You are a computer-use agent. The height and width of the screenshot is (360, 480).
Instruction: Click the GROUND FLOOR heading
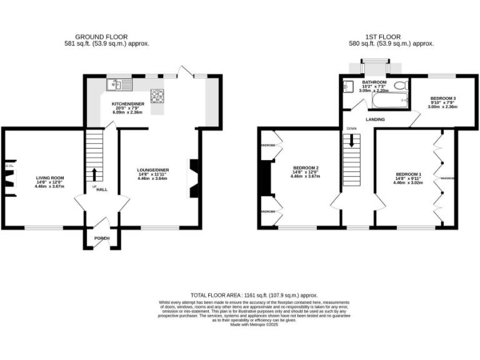tap(106, 37)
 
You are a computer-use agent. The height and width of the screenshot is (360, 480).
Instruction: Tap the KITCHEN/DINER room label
tap(127, 104)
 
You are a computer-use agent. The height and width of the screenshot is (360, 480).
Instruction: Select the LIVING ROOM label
tap(49, 178)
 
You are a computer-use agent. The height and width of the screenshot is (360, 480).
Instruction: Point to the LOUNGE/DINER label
tap(153, 169)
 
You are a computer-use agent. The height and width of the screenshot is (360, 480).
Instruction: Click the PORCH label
tap(101, 238)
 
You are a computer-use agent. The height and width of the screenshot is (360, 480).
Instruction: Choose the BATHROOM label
tap(374, 82)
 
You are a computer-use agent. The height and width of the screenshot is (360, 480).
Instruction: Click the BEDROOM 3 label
tap(442, 99)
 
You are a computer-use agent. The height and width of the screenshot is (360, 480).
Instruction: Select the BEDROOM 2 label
tap(306, 167)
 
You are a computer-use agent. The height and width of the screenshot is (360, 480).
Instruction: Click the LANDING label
tap(376, 119)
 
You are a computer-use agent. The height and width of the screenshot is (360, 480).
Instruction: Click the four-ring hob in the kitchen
tap(157, 96)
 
